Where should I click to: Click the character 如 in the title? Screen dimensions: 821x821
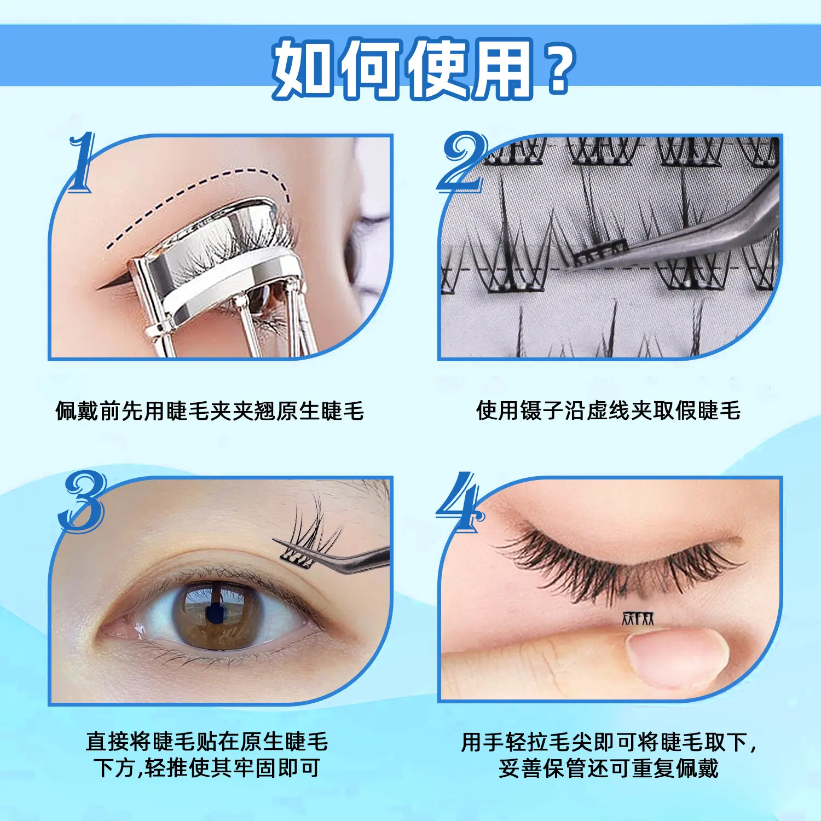point(303,68)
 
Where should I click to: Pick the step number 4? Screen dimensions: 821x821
point(460,501)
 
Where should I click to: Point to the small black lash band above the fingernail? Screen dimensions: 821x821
point(638,618)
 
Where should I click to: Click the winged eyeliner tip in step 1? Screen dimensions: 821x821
point(99,287)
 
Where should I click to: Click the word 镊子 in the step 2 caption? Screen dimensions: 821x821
point(542,410)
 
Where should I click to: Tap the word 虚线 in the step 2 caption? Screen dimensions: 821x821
point(608,410)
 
